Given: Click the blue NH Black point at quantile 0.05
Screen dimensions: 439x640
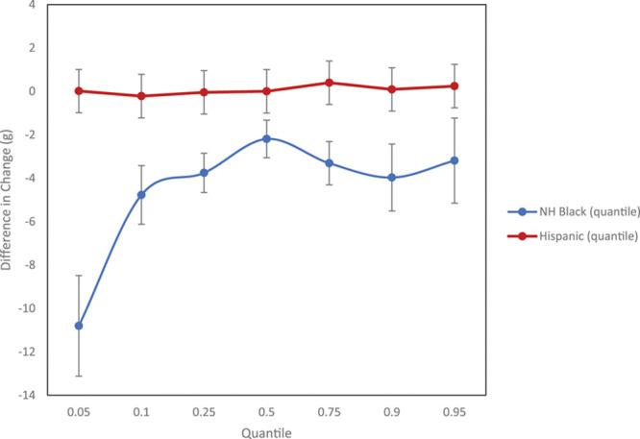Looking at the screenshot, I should (79, 326).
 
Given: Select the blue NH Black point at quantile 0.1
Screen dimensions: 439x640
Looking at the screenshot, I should (141, 195).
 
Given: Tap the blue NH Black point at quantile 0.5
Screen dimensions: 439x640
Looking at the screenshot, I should (266, 138).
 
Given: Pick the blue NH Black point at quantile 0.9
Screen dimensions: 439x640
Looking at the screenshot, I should (391, 178).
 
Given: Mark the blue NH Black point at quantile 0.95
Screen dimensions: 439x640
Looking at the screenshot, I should (454, 160).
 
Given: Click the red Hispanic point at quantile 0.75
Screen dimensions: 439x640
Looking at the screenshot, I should (329, 83).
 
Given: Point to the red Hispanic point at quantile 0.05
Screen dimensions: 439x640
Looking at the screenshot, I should (79, 91).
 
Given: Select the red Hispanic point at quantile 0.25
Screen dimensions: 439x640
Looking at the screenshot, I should (204, 92).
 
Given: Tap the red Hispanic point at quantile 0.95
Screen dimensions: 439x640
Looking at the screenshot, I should (454, 85).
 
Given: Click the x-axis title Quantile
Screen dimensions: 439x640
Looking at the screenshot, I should (266, 431).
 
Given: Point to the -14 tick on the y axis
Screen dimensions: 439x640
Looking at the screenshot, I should (29, 395).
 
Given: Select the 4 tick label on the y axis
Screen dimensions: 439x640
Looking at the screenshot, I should (33, 5).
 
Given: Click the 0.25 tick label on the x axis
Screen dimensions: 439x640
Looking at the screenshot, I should (204, 411).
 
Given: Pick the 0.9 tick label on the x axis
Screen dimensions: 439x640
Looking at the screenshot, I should (391, 411).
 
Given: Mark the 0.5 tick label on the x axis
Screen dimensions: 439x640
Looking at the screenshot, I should (266, 411).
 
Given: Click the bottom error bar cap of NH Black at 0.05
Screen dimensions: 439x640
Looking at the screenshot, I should (79, 376).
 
